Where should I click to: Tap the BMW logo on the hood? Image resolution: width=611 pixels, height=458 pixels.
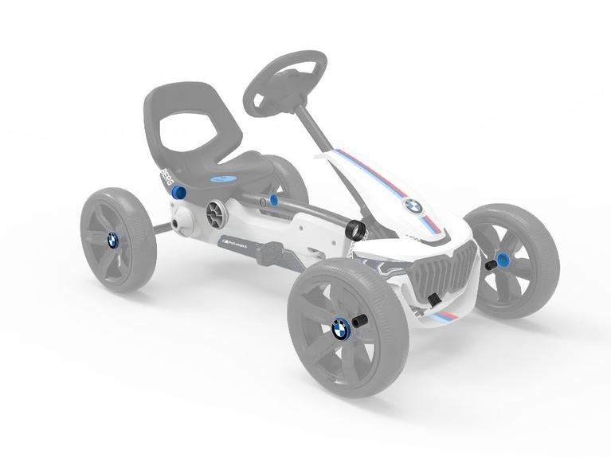coord(413,206)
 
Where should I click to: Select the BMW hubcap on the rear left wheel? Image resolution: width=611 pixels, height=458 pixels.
coord(112,239)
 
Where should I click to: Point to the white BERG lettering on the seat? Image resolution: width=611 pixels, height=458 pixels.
coord(166,177)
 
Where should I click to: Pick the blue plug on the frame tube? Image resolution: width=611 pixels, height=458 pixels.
coord(274,201)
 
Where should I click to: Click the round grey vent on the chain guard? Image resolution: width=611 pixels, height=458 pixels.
coord(216,212)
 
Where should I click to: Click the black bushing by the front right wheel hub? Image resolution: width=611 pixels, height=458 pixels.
coord(494,261)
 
